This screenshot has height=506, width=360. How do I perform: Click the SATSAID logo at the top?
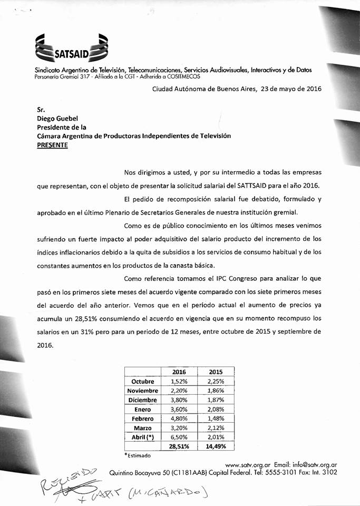pyautogui.click(x=71, y=47)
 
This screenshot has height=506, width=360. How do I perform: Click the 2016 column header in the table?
pyautogui.click(x=179, y=372)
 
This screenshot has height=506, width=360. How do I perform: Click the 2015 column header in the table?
pyautogui.click(x=216, y=372)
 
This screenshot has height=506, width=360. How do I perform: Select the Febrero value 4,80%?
pyautogui.click(x=179, y=419)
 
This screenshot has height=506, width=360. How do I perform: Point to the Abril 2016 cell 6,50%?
pyautogui.click(x=179, y=437)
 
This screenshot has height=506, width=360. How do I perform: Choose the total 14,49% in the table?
pyautogui.click(x=216, y=446)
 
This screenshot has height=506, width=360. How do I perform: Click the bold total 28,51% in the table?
pyautogui.click(x=179, y=446)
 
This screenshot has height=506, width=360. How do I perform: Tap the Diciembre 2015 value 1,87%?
pyautogui.click(x=216, y=400)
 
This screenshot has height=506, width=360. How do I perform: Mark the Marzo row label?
pyautogui.click(x=143, y=428)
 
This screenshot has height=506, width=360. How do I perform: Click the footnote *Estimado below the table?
pyautogui.click(x=138, y=455)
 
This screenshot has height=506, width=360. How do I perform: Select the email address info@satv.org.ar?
pyautogui.click(x=314, y=464)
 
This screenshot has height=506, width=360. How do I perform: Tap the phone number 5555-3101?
pyautogui.click(x=283, y=473)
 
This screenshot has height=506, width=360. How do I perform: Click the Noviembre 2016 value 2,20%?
pyautogui.click(x=179, y=391)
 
